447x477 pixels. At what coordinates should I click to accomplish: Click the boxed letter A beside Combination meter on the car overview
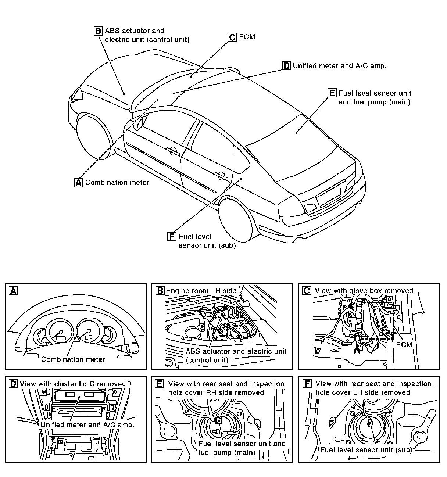pos(79,182)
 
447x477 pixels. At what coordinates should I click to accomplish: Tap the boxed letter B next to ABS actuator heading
pos(98,31)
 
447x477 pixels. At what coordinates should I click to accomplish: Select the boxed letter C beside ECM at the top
pos(232,37)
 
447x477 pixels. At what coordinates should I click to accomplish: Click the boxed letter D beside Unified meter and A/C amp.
pos(286,66)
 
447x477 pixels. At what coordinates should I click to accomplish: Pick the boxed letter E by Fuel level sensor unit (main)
pos(332,93)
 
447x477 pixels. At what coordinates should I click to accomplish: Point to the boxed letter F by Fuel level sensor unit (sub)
pos(172,236)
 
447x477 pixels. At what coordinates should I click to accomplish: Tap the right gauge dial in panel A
pos(87,332)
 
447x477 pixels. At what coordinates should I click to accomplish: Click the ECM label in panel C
pos(404,345)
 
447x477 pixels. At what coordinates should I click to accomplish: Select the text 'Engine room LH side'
pos(201,291)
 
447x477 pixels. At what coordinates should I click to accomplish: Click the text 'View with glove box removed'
pos(364,291)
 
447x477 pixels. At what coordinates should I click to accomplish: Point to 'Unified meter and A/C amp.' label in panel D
pos(87,424)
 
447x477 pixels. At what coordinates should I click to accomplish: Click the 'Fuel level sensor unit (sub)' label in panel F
pos(366,450)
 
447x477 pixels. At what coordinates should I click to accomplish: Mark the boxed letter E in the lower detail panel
pos(159,384)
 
